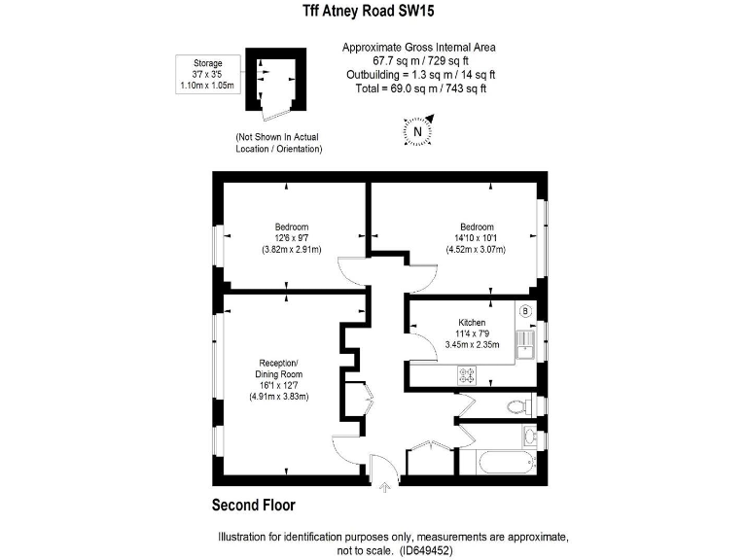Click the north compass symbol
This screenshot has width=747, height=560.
coord(417,131)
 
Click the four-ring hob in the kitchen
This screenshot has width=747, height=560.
coord(466,372)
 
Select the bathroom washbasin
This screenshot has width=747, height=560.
coord(529,435)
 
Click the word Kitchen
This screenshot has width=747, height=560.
coord(472,322)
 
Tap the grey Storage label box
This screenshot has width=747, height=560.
coord(201,75)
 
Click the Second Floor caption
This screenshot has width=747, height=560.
coord(254,506)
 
